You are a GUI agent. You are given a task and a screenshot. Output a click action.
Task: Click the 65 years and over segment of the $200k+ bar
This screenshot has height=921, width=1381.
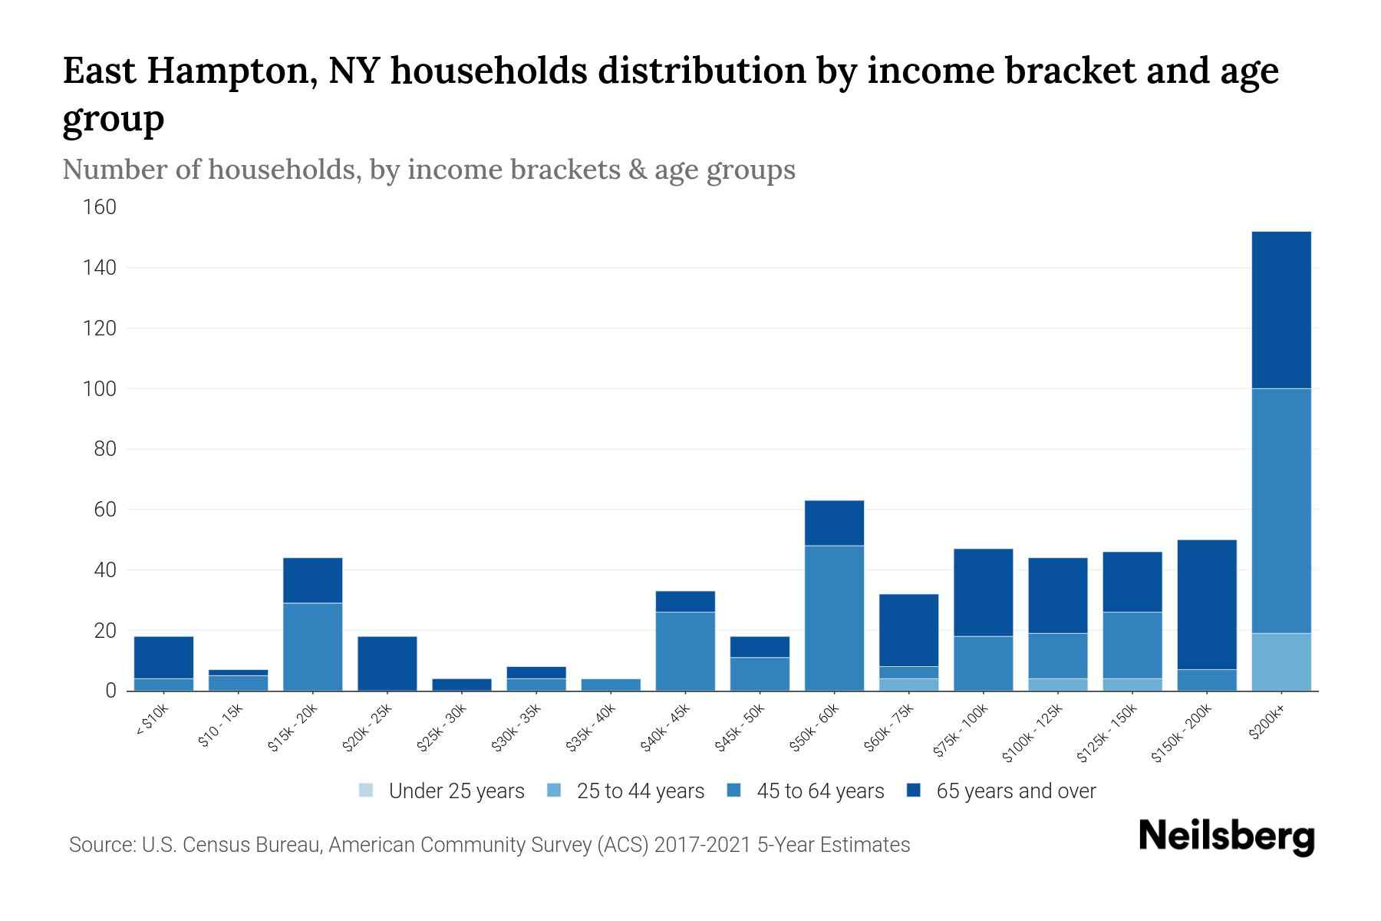coord(1281,310)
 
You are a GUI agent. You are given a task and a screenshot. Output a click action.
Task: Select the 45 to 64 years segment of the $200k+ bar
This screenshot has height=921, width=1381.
coord(1281,510)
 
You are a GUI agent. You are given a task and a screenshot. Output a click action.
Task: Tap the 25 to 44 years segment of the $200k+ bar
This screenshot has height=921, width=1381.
coord(1281,662)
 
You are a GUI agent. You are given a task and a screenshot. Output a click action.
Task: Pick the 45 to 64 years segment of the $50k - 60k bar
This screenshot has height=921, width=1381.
coord(834,618)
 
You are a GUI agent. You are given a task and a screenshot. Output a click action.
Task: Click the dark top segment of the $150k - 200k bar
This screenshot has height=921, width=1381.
coord(1207,605)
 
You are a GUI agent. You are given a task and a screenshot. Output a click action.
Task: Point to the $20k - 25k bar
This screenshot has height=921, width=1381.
coord(387,663)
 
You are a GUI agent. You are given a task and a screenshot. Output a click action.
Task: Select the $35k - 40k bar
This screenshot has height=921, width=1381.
coord(611,685)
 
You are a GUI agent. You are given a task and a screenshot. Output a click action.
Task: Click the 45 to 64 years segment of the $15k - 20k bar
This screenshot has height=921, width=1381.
coord(312,646)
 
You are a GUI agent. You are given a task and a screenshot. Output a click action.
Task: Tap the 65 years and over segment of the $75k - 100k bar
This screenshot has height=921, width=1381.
coord(983,593)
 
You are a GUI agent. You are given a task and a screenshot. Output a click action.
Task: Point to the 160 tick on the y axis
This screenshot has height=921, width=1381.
coord(100,207)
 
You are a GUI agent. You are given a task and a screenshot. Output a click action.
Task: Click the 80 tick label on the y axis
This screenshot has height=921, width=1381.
coord(105,449)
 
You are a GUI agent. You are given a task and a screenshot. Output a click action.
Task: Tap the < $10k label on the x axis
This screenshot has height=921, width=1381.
coord(152,721)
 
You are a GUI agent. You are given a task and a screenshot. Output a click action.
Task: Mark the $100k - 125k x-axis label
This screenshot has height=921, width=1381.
coord(1033,733)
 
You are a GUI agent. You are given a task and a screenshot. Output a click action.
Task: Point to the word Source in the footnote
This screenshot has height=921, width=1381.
coord(101,845)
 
